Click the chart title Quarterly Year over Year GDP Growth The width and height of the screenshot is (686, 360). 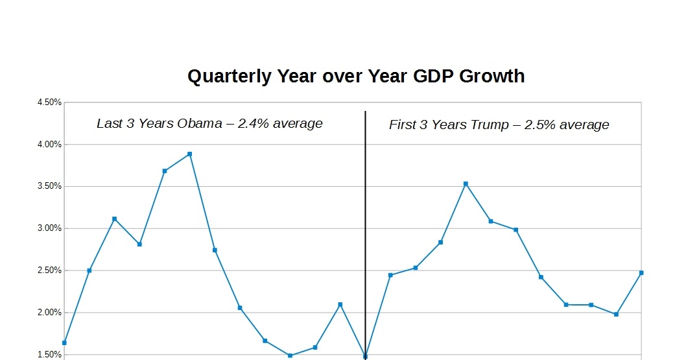point(356,77)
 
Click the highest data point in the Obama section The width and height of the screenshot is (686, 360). point(189,154)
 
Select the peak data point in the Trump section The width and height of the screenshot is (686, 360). point(466,184)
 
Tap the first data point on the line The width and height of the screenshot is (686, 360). point(64,342)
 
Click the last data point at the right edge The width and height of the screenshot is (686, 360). point(641,272)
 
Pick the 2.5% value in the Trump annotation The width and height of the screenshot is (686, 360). point(539,125)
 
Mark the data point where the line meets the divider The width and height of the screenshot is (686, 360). point(365,356)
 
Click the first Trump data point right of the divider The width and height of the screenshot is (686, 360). point(390,275)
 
